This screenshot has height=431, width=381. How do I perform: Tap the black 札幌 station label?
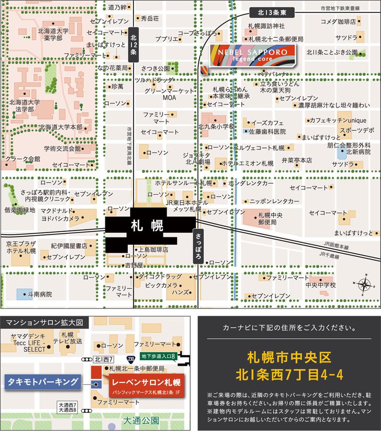tap(147, 226)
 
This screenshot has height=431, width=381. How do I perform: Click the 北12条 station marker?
tap(134, 45)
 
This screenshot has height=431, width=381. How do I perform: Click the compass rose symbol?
tap(364, 284)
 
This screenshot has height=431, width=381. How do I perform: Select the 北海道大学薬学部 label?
tap(53, 34)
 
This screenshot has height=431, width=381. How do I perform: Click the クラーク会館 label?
tap(22, 159)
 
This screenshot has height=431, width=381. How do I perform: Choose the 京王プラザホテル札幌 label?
tap(21, 247)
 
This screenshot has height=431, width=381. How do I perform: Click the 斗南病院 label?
tap(40, 294)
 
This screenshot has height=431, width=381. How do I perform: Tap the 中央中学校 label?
tap(320, 285)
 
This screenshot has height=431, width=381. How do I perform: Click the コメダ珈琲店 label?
tap(338, 21)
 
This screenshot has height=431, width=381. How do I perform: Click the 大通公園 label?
tap(141, 421)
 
